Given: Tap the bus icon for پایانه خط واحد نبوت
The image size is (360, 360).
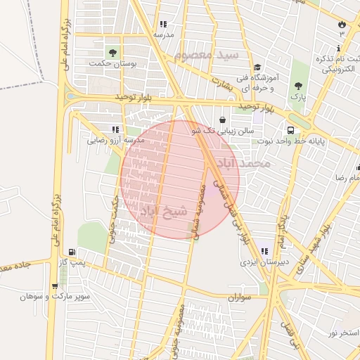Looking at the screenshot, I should point(290,130).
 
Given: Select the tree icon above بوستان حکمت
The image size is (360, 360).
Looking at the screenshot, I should point(112,53).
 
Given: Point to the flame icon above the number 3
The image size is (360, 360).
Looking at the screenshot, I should point(342,22).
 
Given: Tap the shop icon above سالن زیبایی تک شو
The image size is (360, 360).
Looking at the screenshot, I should point(222,120).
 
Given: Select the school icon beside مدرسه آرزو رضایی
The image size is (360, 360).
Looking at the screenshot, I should point(115,129).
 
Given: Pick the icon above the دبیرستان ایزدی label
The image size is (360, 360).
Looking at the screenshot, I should point(264,251).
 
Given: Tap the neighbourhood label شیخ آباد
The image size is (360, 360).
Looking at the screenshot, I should point(165,210).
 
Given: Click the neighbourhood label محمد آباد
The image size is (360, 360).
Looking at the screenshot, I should point(244,164).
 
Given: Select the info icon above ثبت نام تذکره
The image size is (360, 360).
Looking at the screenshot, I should point(339,48).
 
